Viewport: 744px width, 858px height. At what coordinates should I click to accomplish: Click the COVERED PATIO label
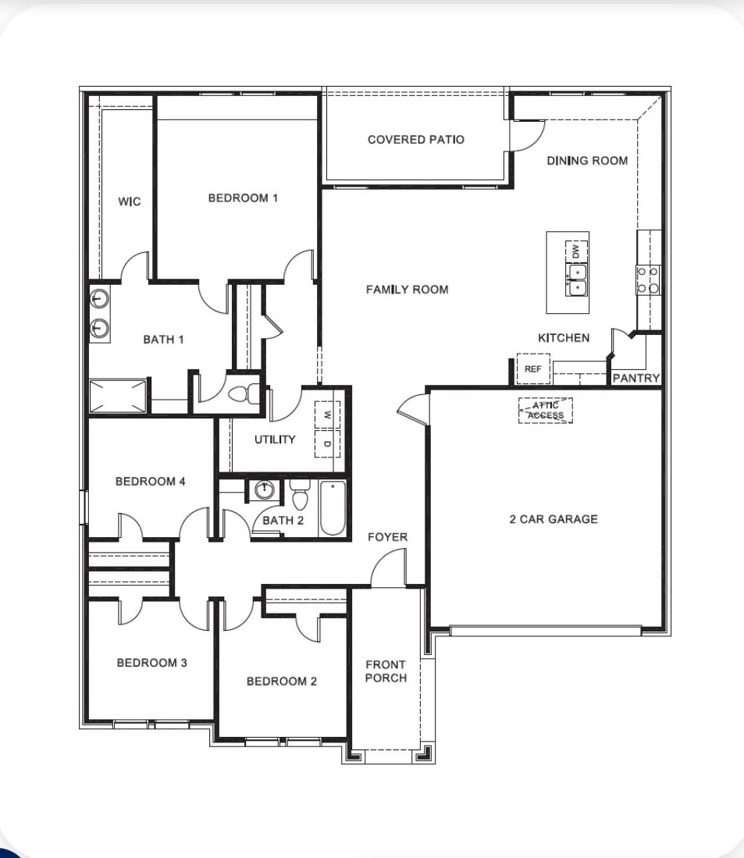[x=415, y=140]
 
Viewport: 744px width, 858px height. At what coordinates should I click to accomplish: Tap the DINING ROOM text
[x=587, y=161]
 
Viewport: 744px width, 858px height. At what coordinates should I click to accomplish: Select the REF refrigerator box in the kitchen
[x=533, y=369]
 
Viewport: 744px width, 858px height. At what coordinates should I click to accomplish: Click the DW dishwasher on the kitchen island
[x=576, y=251]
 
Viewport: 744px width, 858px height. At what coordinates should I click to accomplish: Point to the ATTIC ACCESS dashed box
[x=546, y=411]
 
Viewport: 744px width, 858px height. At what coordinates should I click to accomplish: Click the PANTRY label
[x=636, y=378]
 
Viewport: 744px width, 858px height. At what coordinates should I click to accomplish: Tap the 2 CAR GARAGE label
[x=554, y=519]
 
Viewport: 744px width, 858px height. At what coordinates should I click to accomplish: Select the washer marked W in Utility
[x=326, y=415]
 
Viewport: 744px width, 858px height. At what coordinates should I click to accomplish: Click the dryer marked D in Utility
[x=326, y=444]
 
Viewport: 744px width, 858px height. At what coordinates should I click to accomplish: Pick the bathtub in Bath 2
[x=332, y=508]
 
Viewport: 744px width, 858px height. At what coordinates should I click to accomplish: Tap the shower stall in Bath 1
[x=117, y=397]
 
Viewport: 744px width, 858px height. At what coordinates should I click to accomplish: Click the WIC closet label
[x=130, y=202]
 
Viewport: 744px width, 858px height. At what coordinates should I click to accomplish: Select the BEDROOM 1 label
[x=243, y=198]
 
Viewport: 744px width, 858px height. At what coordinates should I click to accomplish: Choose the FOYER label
[x=388, y=537]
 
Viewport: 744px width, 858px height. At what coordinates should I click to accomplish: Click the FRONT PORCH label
[x=386, y=671]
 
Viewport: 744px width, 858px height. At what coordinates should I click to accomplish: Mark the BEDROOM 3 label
[x=151, y=663]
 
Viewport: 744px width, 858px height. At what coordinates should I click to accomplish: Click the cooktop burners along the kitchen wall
[x=648, y=280]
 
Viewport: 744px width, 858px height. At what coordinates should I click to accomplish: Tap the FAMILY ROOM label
[x=408, y=290]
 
